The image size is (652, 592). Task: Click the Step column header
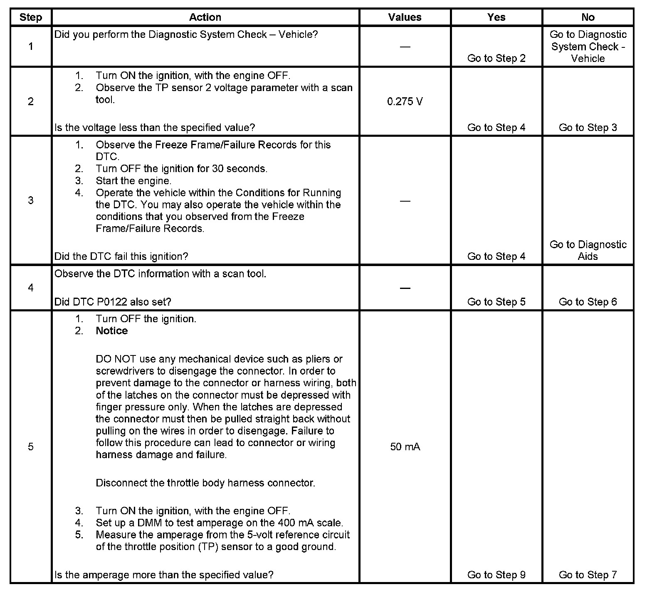(31, 17)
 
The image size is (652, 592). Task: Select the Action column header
(205, 17)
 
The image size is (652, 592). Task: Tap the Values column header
(405, 17)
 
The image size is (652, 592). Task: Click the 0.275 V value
(405, 102)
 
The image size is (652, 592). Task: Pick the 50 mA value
(405, 447)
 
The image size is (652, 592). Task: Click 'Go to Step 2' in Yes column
(496, 58)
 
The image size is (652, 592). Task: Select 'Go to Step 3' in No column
(588, 128)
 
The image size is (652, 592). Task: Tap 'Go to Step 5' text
(496, 302)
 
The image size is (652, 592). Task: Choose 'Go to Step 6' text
(588, 302)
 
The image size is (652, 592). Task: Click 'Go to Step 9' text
(496, 575)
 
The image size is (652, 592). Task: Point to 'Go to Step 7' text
(588, 575)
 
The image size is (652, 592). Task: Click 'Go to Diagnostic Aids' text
(588, 250)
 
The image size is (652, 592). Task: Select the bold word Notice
(111, 331)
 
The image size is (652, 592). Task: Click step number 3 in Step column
(31, 200)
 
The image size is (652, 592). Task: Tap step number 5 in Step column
(31, 447)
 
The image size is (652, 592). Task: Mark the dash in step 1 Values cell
(405, 47)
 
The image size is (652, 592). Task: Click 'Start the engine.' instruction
(133, 181)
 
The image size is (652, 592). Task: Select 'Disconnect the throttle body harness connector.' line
(205, 483)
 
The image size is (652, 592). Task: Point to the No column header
(588, 17)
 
